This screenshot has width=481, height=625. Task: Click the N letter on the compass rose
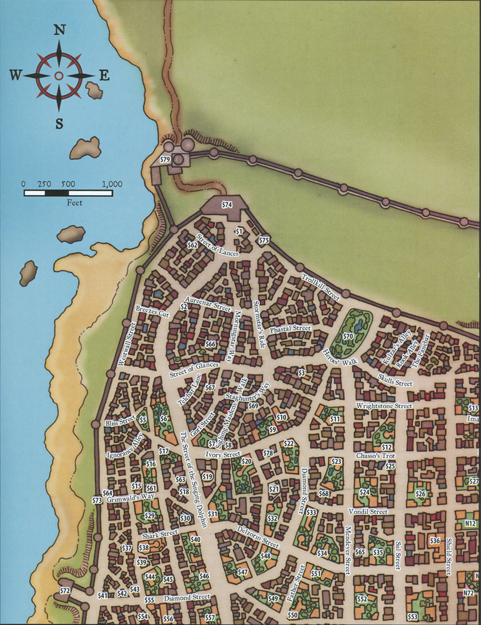59,30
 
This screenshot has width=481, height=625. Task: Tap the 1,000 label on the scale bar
112,184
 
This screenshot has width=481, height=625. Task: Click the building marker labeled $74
227,204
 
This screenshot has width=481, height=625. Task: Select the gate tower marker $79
165,160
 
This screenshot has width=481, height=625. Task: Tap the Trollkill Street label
320,287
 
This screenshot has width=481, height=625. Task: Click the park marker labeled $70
348,336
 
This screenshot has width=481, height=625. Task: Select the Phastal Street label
290,329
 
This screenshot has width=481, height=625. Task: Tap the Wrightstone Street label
384,406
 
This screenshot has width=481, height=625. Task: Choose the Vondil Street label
370,511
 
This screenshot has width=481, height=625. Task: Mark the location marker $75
264,241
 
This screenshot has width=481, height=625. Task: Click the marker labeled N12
470,522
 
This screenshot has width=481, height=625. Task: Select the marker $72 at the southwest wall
64,591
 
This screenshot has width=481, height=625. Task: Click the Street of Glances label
194,369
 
